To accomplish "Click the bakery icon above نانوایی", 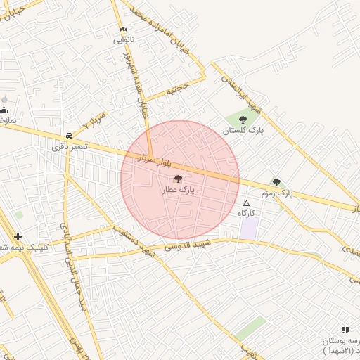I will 124,30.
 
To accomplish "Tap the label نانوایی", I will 124,40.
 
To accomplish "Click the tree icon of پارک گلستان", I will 243,120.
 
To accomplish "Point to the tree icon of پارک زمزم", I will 276,182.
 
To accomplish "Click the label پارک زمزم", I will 276,193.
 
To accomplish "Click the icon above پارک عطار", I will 177,179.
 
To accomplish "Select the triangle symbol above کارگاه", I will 245,202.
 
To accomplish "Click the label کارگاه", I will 246,212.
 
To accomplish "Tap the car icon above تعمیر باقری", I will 69,135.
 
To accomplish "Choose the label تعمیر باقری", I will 69,146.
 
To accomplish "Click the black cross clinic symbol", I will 18,237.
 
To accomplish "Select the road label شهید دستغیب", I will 129,240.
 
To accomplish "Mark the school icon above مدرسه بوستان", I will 345,329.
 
